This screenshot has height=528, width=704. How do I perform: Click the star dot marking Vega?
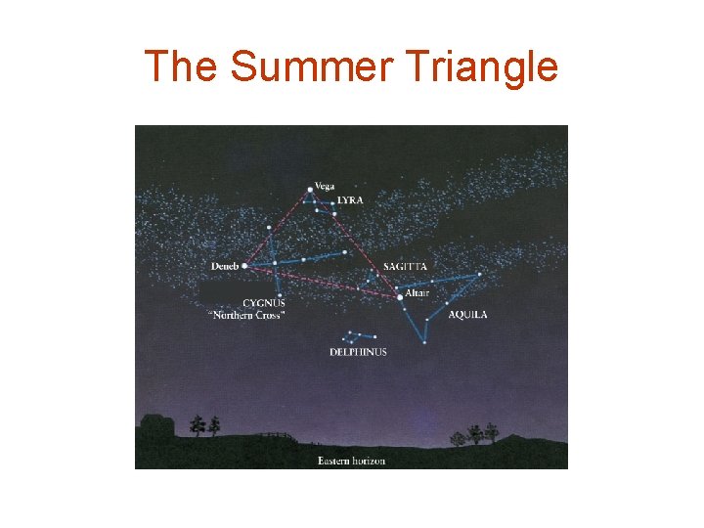click(310, 189)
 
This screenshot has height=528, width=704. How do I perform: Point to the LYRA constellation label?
click(349, 200)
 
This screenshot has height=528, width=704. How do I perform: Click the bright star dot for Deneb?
click(244, 265)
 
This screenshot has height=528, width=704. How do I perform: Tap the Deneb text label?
click(224, 266)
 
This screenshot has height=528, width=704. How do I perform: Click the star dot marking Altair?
click(399, 294)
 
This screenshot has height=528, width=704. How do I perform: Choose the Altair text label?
click(417, 293)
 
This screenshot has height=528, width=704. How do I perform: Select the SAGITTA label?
click(405, 267)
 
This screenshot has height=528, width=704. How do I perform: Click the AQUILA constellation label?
click(467, 315)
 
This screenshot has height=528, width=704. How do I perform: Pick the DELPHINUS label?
click(358, 352)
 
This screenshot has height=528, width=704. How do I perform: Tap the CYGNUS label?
click(264, 303)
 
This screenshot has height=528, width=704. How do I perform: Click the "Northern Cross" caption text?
click(246, 315)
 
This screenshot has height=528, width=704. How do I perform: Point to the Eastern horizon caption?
click(351, 461)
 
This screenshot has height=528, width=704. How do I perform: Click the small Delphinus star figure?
click(352, 337)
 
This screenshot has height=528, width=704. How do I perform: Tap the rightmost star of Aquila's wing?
click(480, 275)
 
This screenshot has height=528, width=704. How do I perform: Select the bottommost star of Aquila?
click(424, 342)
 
